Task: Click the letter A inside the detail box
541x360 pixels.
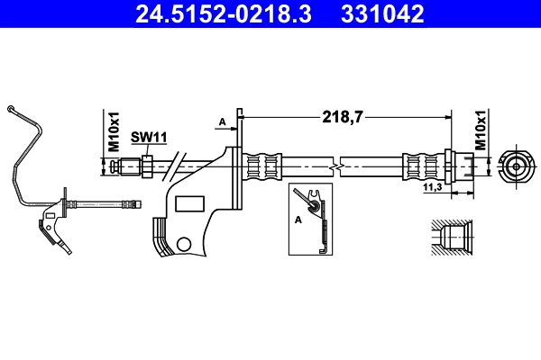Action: [297, 218]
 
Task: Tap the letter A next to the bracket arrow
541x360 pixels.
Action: [221, 121]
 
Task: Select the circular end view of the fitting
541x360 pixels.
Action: [515, 166]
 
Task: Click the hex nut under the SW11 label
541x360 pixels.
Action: [144, 166]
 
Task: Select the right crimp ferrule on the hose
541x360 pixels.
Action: [417, 166]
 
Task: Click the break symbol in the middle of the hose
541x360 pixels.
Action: [335, 166]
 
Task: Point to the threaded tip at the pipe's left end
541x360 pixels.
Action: [111, 166]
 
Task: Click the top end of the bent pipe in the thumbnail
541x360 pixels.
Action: [10, 110]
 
